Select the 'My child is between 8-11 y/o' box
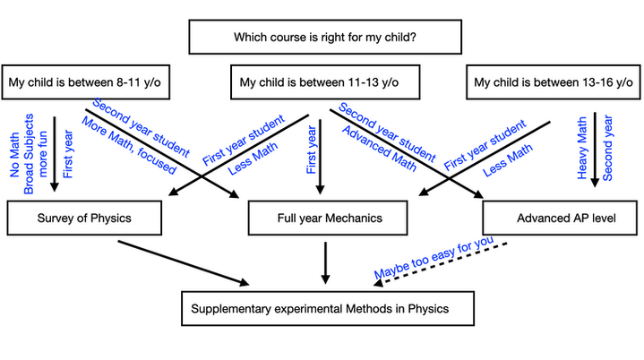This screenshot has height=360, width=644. (x=83, y=83)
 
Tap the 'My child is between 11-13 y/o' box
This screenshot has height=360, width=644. (x=317, y=83)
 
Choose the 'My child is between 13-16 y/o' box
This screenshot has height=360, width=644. (x=550, y=83)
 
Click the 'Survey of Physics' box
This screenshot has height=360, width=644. (x=86, y=218)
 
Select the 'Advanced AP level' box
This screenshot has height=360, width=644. (x=559, y=218)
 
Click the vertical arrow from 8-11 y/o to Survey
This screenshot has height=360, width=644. (x=55, y=152)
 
